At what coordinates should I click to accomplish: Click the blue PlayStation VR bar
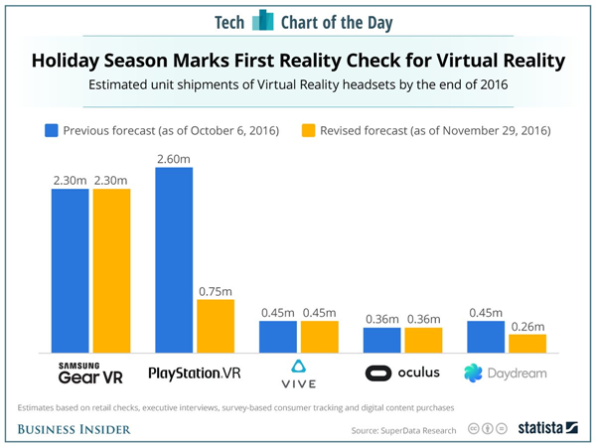point(174,260)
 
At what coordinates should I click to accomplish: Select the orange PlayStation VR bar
point(216,326)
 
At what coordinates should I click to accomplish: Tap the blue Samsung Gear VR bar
point(71,270)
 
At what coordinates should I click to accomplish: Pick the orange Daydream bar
point(526,343)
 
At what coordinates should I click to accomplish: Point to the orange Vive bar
point(320,337)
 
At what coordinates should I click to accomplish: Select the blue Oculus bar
point(382,340)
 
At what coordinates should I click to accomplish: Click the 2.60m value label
point(174,158)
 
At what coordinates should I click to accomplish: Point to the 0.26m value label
point(526,325)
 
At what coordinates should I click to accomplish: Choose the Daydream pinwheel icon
point(473,373)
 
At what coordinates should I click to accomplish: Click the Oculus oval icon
point(377,373)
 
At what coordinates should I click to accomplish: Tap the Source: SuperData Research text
point(404,429)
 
